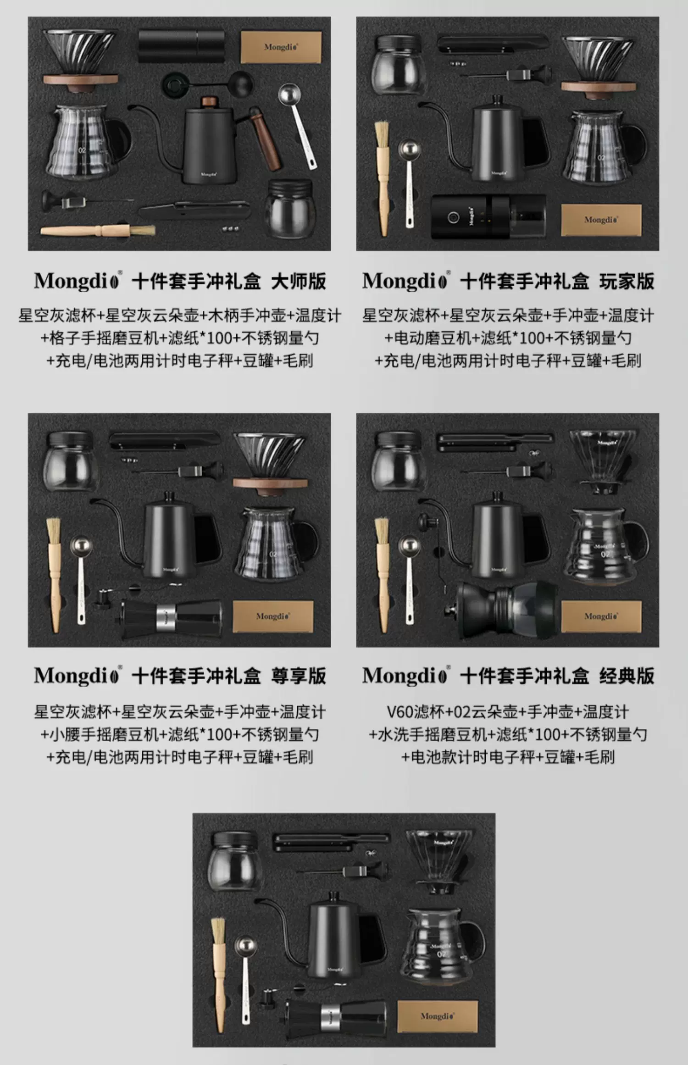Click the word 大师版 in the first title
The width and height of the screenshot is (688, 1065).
tap(299, 281)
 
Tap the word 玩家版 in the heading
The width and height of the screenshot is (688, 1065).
tap(627, 281)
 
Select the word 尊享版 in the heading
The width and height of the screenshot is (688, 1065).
tap(299, 676)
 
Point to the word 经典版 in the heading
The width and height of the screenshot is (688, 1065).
tap(627, 676)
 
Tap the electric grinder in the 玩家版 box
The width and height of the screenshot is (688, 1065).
tap(489, 216)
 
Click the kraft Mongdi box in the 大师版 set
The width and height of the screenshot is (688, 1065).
tap(281, 47)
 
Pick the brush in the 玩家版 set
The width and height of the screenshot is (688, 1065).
tap(383, 178)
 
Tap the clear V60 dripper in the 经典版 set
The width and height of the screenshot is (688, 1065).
tap(603, 461)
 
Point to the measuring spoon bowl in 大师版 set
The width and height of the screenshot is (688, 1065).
tap(289, 94)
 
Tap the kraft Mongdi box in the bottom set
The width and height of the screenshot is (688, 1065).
tap(437, 1016)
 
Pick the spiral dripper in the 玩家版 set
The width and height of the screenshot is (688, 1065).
tap(598, 67)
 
